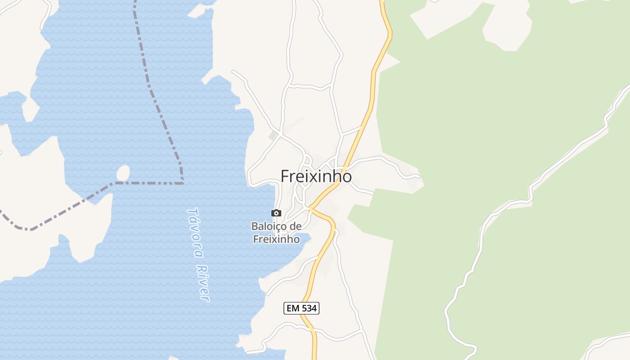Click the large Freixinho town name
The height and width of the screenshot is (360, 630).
coord(316,176)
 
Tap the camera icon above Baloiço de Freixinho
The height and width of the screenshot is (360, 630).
coord(276,213)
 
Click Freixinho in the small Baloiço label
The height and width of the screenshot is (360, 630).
coord(276,239)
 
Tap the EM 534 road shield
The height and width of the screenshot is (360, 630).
coord(301,308)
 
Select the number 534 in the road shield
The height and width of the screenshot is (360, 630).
coord(308,308)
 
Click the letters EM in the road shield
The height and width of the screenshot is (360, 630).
coord(292,308)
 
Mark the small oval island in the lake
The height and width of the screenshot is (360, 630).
coord(123,173)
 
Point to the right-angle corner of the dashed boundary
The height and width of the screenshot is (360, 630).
coord(182,183)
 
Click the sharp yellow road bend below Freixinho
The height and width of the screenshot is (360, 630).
coord(310,208)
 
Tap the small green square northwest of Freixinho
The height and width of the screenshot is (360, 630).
coord(273,135)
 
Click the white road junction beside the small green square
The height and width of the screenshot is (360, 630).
coord(280,134)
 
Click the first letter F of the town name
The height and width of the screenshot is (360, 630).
coord(285,176)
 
